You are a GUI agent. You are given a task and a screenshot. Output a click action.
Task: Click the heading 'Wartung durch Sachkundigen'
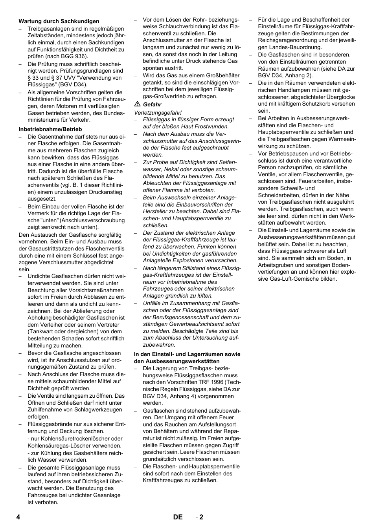tap(59, 21)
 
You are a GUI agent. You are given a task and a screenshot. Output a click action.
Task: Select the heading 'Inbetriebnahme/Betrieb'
tap(50, 129)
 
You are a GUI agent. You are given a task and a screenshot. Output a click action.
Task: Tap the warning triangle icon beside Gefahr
tap(137, 104)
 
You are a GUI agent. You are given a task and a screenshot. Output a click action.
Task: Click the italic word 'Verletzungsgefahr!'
tap(158, 112)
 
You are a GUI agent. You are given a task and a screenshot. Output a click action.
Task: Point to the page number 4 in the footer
tap(18, 517)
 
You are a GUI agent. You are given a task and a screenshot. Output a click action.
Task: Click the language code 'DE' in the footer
tap(178, 517)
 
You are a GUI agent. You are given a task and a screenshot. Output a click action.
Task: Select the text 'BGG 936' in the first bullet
tap(75, 56)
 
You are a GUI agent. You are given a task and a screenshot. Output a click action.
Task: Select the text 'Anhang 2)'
tap(300, 75)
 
